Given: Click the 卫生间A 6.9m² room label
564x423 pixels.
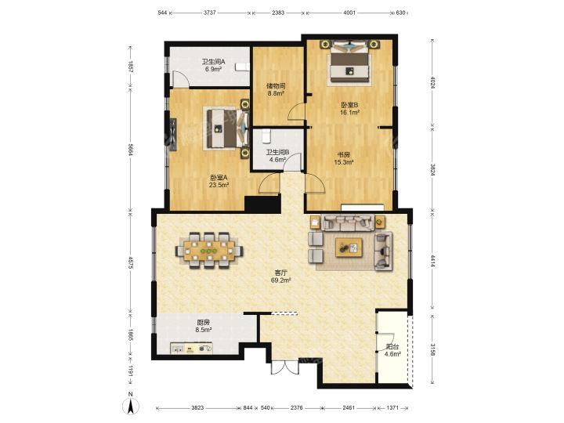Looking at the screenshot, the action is pos(213,65).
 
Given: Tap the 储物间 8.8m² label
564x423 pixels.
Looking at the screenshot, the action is pos(276,89).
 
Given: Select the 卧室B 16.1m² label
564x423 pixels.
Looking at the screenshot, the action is pos(350,109).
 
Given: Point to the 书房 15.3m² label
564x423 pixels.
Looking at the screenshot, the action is pos(344,158).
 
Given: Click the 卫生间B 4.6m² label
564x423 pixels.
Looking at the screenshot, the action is pos(277,156).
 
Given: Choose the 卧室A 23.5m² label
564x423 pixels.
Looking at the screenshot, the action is pos(219,181).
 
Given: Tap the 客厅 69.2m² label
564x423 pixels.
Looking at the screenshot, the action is pos(281,276).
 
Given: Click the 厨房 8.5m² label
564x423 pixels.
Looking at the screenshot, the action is pos(204,326).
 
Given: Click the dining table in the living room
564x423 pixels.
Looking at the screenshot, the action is pos(209,251).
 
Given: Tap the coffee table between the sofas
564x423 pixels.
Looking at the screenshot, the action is pos(349,248).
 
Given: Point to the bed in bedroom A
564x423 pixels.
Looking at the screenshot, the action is pos(226,128).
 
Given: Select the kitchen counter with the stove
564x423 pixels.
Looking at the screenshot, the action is pos(191,348).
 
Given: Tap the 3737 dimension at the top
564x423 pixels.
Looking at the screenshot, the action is pos(210,13).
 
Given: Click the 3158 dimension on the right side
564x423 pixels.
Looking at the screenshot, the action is pos(432,350).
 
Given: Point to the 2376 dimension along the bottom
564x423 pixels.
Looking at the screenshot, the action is pos(297,408).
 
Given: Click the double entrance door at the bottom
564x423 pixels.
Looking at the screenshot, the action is pos(285,367).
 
